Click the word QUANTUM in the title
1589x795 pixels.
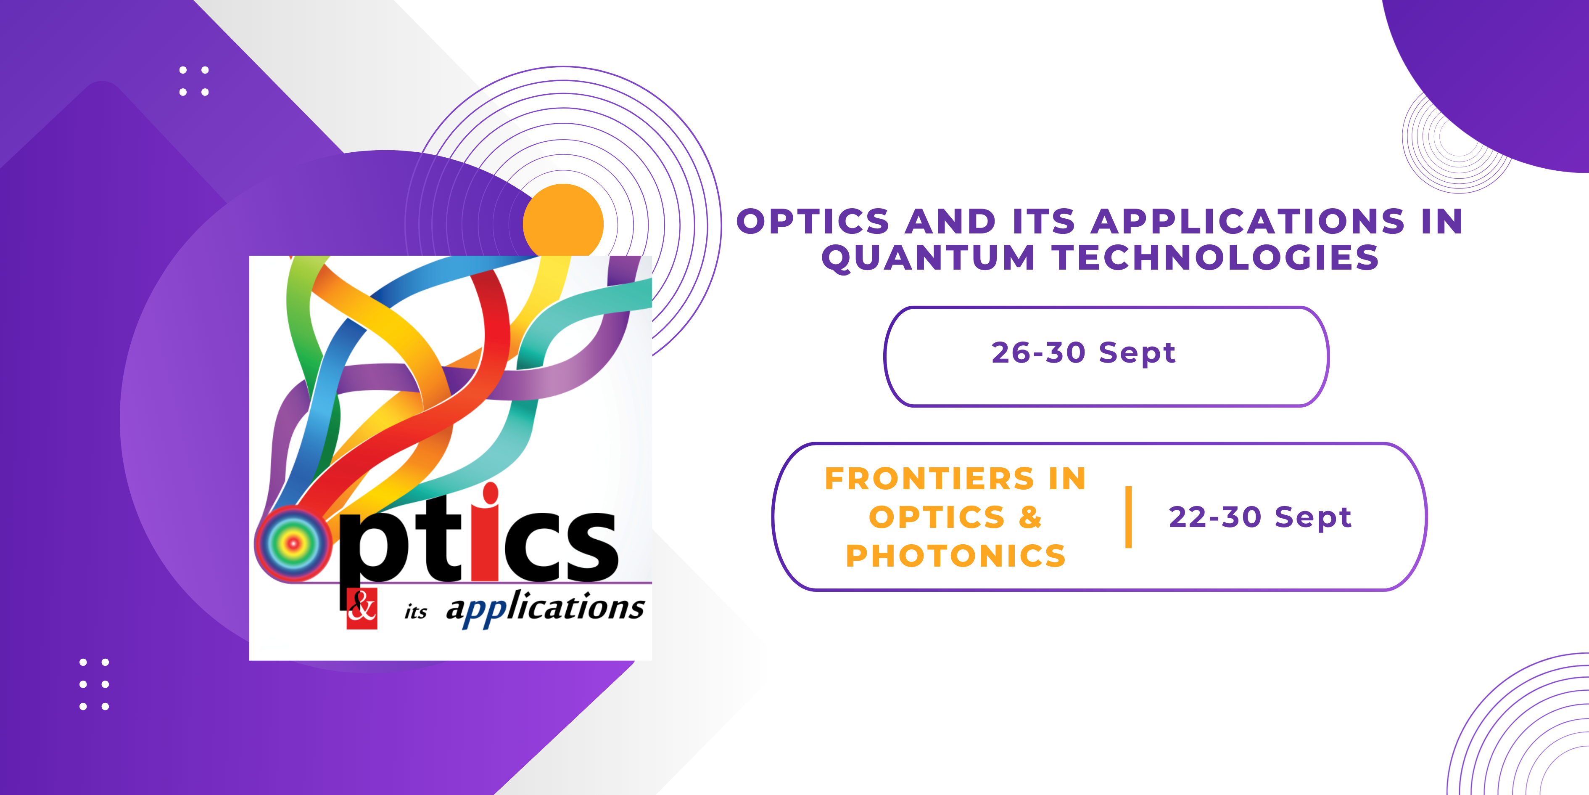928,258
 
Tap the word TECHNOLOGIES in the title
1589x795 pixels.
1215,257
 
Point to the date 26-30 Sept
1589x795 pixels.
1084,353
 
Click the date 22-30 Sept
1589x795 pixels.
1260,517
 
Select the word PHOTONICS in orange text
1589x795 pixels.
956,556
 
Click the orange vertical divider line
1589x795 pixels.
1128,517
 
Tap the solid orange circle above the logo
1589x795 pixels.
563,223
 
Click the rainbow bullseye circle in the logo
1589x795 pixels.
293,543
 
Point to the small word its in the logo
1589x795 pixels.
416,611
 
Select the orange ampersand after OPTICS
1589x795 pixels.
1030,517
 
